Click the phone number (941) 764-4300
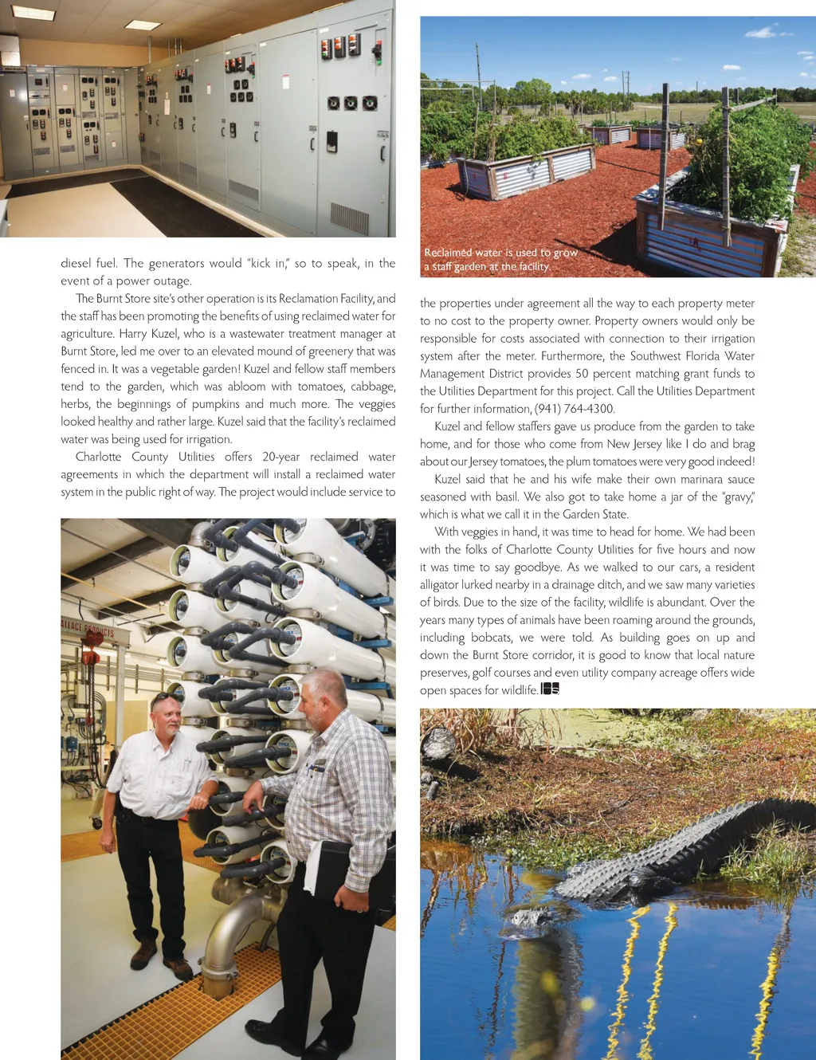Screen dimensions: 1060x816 (x=574, y=409)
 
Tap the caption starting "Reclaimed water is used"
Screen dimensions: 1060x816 (x=500, y=260)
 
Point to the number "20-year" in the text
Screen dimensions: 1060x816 (x=280, y=457)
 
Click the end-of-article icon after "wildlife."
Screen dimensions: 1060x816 (x=550, y=689)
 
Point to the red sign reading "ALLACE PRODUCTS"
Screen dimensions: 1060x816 (x=88, y=629)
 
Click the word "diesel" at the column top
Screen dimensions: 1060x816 (x=77, y=263)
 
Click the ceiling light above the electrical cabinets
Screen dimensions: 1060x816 (x=143, y=25)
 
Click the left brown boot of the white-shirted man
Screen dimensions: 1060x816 (x=143, y=953)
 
